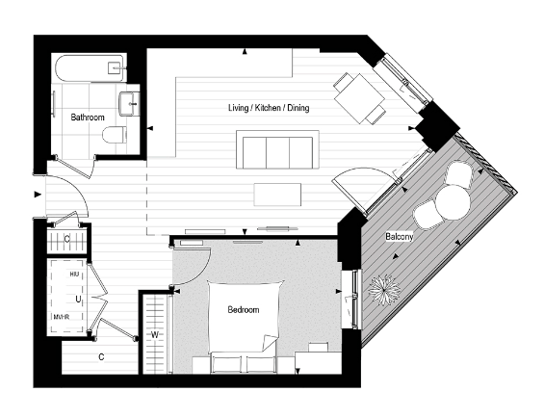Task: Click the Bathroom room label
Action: click(x=88, y=118)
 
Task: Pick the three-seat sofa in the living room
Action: click(x=276, y=152)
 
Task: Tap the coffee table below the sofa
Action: click(x=278, y=195)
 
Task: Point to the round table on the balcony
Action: click(x=450, y=201)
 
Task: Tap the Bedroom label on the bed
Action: click(x=243, y=310)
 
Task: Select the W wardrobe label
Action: click(x=154, y=335)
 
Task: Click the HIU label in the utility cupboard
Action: click(x=74, y=274)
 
